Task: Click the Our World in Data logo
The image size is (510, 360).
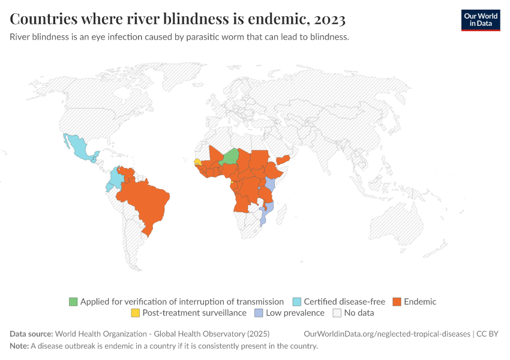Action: pos(480,20)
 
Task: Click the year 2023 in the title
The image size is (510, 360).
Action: pos(329,19)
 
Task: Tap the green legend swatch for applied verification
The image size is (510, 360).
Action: pos(73,302)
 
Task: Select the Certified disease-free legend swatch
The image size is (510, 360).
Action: pos(297,302)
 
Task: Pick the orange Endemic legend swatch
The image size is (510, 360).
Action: pos(397,302)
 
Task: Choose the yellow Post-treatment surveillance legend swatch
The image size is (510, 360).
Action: pos(136,313)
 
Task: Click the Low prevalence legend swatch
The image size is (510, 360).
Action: pos(259,313)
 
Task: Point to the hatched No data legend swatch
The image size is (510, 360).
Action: pos(337,313)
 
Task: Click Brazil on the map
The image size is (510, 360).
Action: pos(147,201)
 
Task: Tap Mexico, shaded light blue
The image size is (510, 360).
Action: pos(78,147)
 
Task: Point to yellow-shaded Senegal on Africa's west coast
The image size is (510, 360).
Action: pos(197,161)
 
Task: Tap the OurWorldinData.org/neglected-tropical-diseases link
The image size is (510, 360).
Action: pos(387,334)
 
